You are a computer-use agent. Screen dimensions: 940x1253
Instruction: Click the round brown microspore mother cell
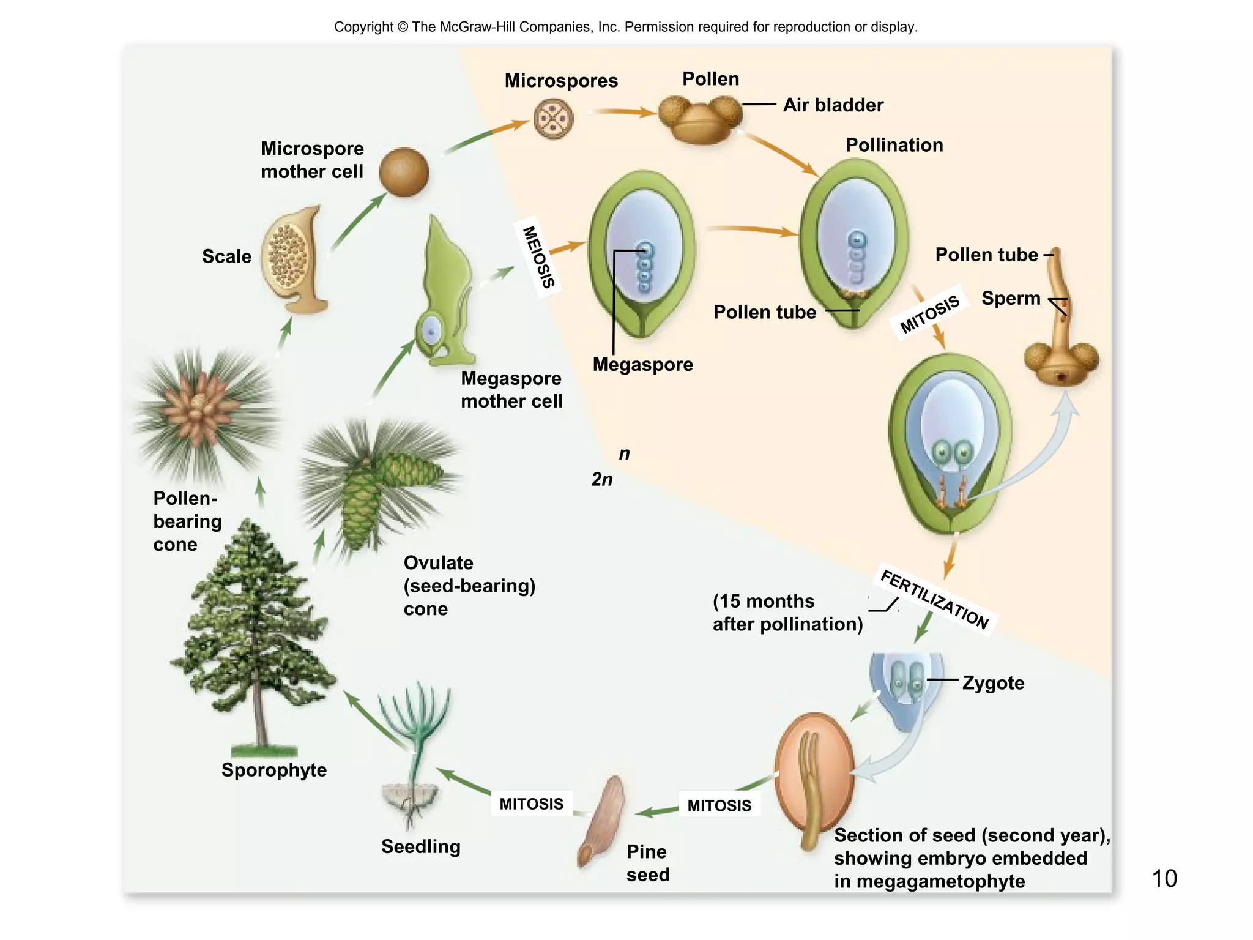[404, 173]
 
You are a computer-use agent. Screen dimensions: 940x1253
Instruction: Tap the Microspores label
[560, 81]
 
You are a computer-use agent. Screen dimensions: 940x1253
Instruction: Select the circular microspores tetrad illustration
[553, 119]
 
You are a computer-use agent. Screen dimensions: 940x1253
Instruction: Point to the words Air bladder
[833, 105]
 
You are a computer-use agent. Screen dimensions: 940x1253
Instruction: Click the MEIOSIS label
[538, 257]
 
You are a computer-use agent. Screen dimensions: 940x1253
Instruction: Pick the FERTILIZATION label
[934, 600]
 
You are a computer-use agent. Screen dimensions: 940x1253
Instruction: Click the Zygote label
[992, 683]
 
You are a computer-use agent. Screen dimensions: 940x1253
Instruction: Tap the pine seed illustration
[601, 820]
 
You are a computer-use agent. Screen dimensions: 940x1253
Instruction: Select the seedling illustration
[414, 753]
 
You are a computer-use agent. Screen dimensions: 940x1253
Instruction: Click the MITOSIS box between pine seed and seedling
[531, 804]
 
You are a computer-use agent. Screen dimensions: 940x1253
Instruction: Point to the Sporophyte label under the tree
[273, 770]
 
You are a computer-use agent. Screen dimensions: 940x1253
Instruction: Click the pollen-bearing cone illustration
[202, 410]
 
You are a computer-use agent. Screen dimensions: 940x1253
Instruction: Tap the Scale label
[226, 256]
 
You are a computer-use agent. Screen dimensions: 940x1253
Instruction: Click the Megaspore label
[642, 365]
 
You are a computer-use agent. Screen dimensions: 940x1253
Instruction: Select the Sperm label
[1010, 299]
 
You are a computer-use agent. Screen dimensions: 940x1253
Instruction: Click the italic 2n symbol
[601, 479]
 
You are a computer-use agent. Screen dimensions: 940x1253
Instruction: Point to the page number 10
[1164, 879]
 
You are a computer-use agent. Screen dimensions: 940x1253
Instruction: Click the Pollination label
[894, 146]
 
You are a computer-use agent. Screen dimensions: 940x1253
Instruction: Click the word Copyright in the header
[363, 27]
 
